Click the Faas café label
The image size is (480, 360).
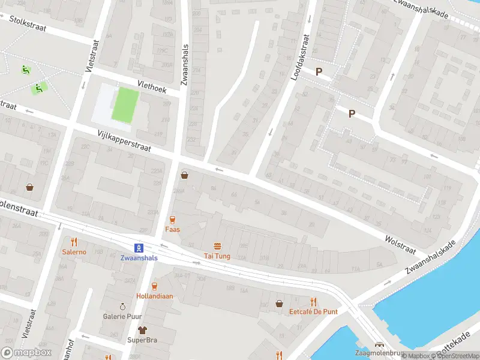pos(173,230)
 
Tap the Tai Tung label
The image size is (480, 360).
pos(217,256)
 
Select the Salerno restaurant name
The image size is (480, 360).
pos(74,252)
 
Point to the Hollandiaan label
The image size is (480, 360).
pos(154,296)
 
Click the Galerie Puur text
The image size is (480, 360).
pos(122,316)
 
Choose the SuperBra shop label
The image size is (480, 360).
pos(142,340)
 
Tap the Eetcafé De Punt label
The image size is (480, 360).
pos(313,311)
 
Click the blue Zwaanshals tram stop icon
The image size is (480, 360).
pos(139,248)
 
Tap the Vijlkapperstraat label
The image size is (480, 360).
pos(122,140)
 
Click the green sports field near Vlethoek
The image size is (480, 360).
pos(125,103)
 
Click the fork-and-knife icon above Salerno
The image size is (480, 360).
pos(74,242)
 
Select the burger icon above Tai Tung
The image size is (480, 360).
pos(217,247)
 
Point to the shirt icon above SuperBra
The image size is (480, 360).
pos(142,330)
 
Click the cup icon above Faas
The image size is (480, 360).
pos(173,220)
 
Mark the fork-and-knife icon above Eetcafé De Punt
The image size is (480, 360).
pos(313,302)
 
